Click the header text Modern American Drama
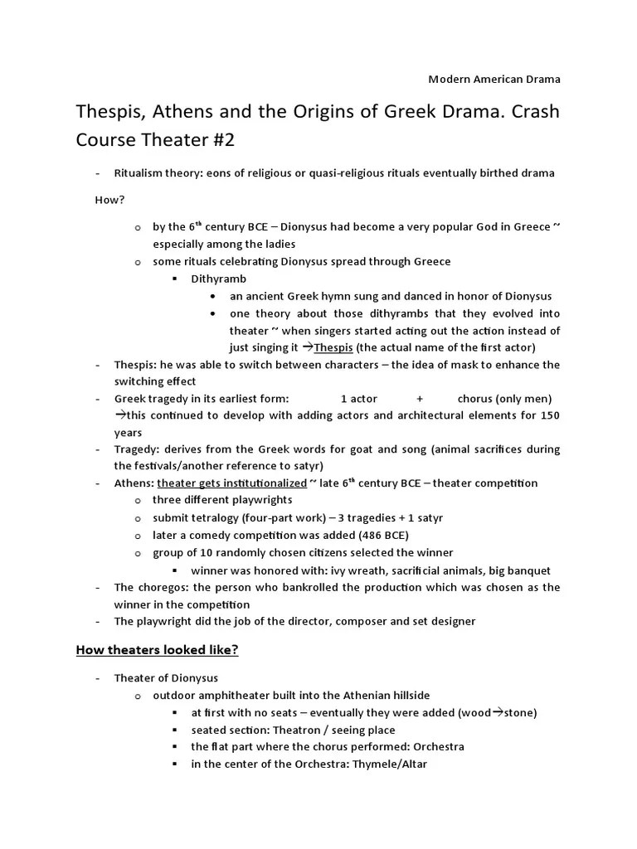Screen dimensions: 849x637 click(494, 80)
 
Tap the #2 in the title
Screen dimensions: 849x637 click(220, 140)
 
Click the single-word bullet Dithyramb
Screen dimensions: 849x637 click(218, 279)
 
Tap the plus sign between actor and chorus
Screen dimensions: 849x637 click(420, 399)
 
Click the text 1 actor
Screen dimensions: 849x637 click(358, 399)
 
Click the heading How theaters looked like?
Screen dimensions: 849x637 click(158, 650)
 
